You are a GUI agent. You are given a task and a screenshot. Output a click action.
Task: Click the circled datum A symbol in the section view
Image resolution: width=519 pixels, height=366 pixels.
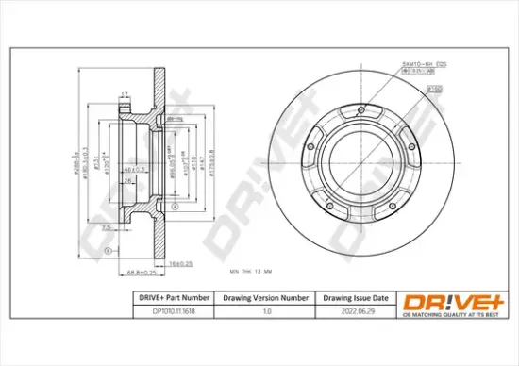[x=109, y=250]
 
